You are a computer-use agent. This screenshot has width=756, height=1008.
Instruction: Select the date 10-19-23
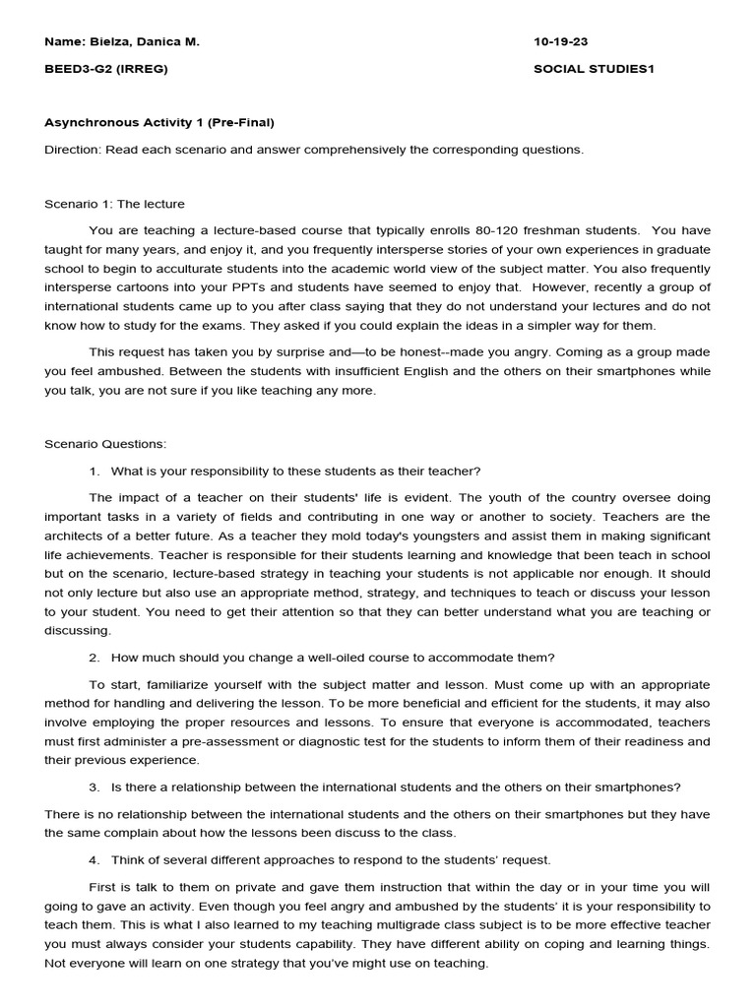562,43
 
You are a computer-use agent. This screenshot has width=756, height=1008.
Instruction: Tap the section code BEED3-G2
75,69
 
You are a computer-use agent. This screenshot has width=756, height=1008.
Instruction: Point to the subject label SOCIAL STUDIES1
594,69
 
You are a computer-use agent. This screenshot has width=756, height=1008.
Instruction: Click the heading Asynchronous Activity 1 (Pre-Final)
159,123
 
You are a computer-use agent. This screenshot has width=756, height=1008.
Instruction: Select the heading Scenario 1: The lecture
114,204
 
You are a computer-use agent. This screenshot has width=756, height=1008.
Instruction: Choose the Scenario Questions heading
105,444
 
